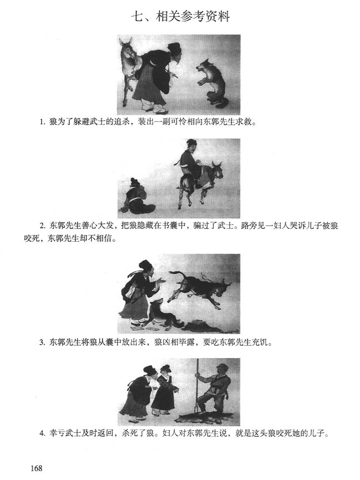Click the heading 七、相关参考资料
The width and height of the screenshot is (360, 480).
pos(180,16)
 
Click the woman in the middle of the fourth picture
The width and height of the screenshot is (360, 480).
pos(164,391)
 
